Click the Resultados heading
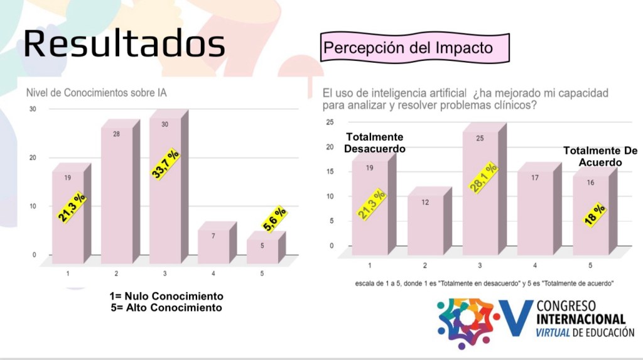click(124, 44)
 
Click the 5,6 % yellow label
click(274, 219)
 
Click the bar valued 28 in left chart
click(117, 195)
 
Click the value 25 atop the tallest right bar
click(480, 138)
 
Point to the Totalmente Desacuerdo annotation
click(375, 143)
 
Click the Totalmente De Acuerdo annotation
click(600, 156)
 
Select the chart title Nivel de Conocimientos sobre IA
click(100, 92)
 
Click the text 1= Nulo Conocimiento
click(166, 296)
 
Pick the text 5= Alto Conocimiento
click(166, 307)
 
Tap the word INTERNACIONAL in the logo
click(581, 319)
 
